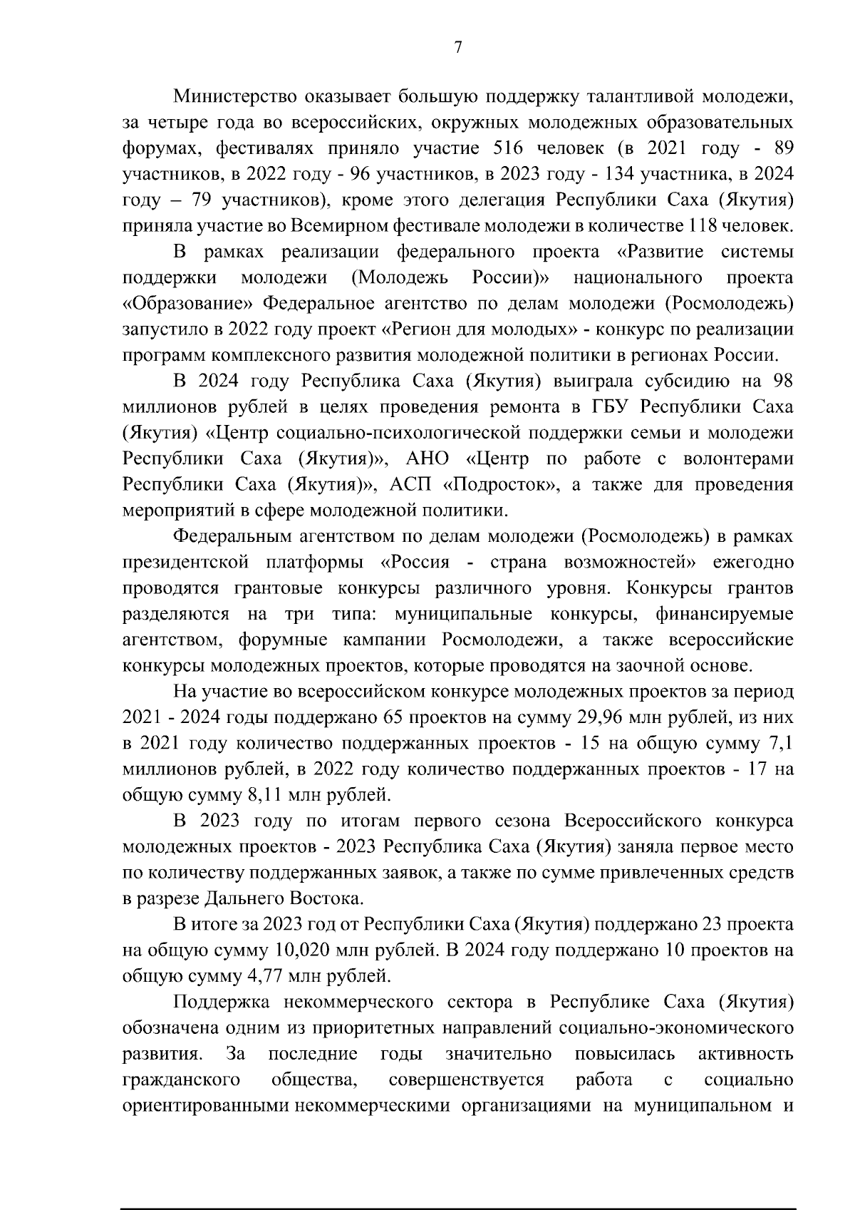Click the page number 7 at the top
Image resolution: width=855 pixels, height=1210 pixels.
click(x=458, y=48)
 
